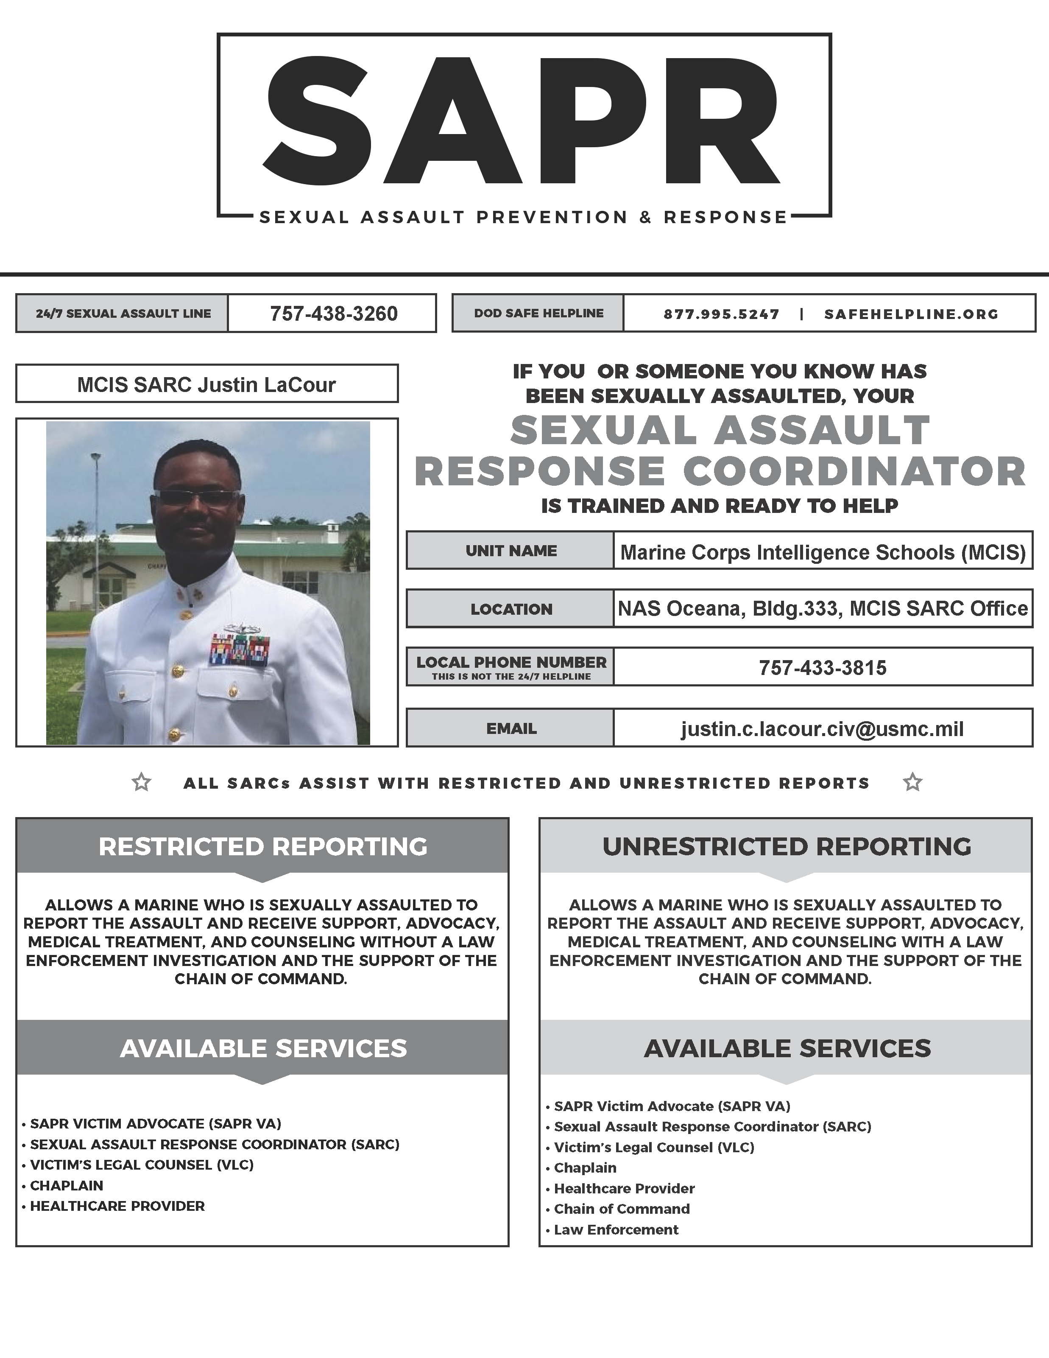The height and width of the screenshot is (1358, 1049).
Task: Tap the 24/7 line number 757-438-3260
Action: [x=333, y=314]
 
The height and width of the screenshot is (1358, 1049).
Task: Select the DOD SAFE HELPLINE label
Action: [x=538, y=314]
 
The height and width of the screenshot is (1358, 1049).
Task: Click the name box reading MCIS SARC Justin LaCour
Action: [x=206, y=384]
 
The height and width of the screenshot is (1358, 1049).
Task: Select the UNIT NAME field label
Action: [x=511, y=551]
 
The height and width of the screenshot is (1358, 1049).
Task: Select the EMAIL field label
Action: [x=511, y=729]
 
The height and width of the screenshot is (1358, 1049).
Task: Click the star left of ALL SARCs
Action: [x=142, y=782]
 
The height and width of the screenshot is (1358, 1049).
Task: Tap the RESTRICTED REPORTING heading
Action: [x=263, y=847]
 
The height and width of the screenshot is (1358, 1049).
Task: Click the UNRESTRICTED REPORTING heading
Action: [x=786, y=847]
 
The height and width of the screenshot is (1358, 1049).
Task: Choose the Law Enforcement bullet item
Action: [x=616, y=1229]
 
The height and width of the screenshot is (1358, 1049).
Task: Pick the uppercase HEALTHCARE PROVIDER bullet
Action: [x=117, y=1206]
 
